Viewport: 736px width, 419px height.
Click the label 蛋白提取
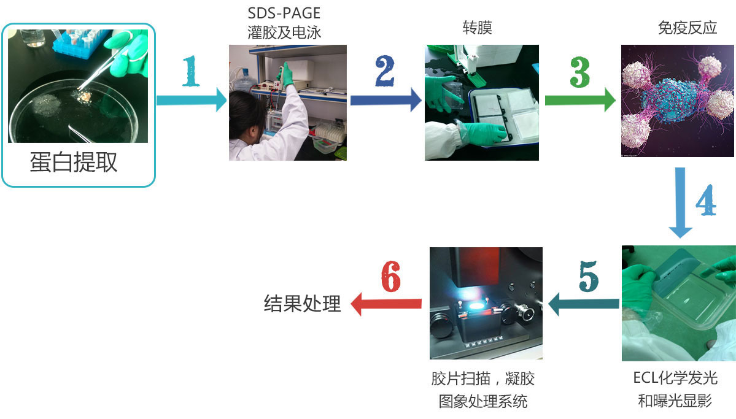pos(74,163)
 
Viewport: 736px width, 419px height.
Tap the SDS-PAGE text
pos(284,13)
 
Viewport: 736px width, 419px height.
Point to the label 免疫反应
pos(687,28)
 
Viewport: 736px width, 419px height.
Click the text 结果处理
pos(302,303)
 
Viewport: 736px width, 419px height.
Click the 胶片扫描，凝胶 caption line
pos(482,379)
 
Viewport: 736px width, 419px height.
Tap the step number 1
pos(191,73)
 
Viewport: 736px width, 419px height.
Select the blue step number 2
pos(384,73)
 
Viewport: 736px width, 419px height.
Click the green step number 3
pos(579,73)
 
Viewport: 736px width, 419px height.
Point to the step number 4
pos(706,198)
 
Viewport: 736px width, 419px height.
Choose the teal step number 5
pos(588,277)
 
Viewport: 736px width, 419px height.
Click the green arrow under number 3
pos(580,99)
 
